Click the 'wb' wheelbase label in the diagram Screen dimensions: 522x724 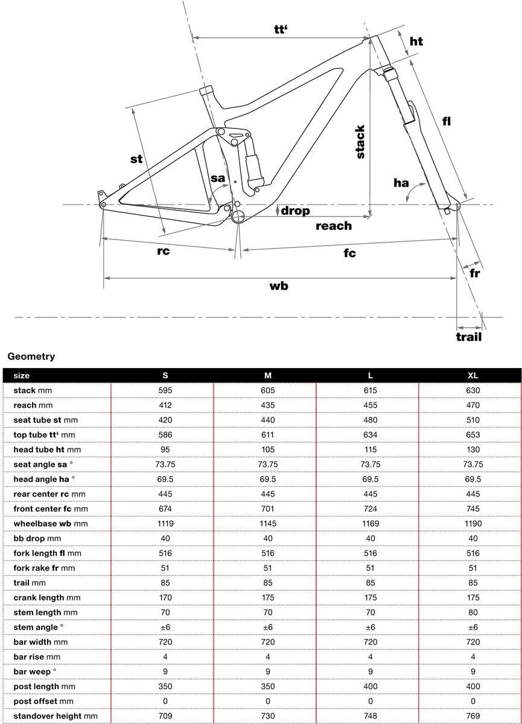click(x=278, y=286)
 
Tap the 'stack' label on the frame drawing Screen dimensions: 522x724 click(x=360, y=142)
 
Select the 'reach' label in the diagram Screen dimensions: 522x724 click(x=333, y=226)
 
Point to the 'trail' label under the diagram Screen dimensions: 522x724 click(x=469, y=337)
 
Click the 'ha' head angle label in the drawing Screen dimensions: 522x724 click(x=401, y=183)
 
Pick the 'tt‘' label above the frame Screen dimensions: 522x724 click(x=282, y=30)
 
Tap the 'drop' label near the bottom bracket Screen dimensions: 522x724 click(x=294, y=211)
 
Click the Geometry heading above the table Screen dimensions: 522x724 click(x=31, y=357)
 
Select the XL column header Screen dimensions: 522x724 click(x=473, y=375)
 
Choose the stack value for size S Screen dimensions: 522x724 click(x=165, y=390)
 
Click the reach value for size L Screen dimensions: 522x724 click(x=370, y=405)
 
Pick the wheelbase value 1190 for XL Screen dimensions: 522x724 click(x=473, y=524)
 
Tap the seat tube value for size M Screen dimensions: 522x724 click(x=267, y=420)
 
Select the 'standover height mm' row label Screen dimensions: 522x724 click(x=55, y=716)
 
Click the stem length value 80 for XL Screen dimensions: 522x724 click(x=473, y=612)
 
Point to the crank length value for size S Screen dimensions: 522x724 click(x=165, y=597)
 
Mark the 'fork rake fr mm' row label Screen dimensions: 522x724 click(x=44, y=568)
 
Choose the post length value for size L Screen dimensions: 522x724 click(x=370, y=687)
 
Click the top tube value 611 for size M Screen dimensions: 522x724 click(x=267, y=434)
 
